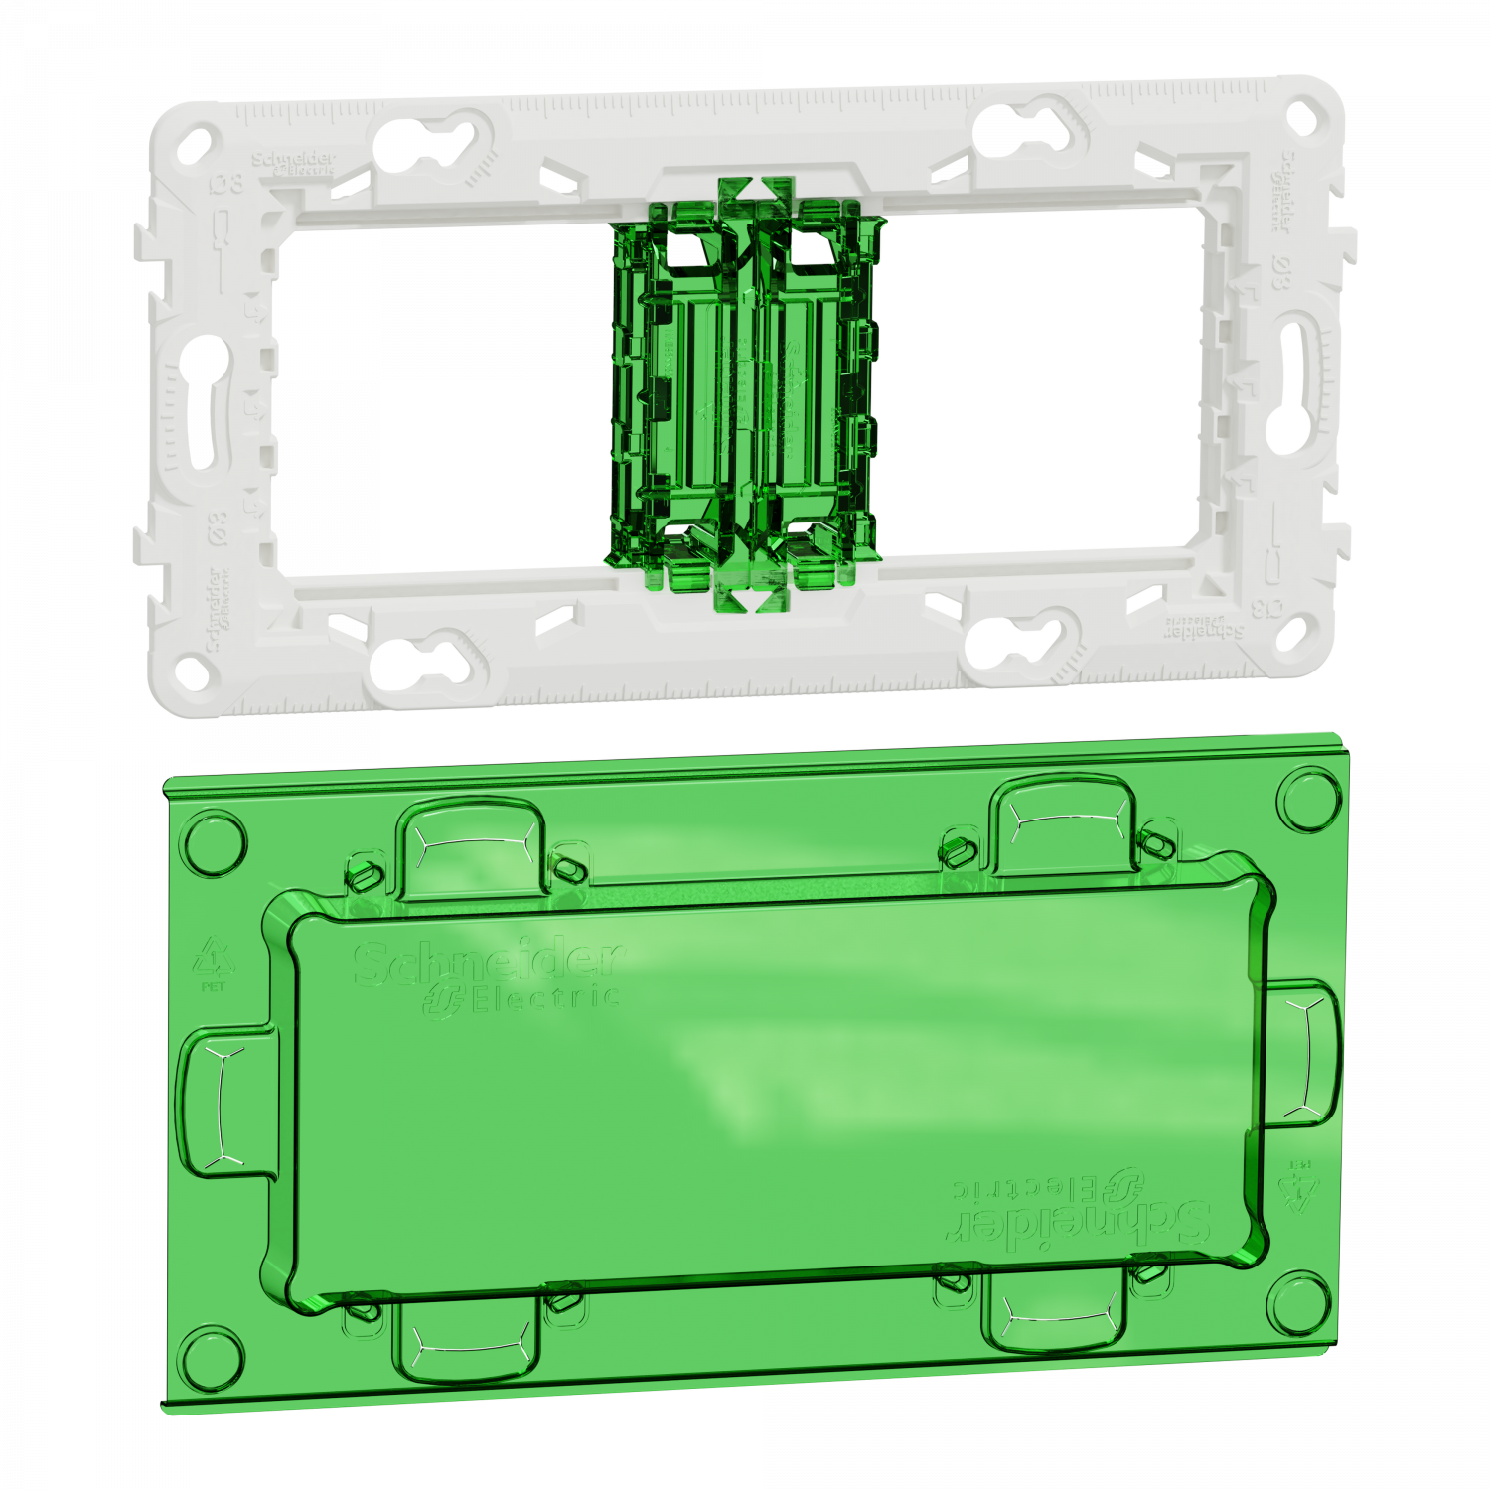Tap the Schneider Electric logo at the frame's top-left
[294, 164]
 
